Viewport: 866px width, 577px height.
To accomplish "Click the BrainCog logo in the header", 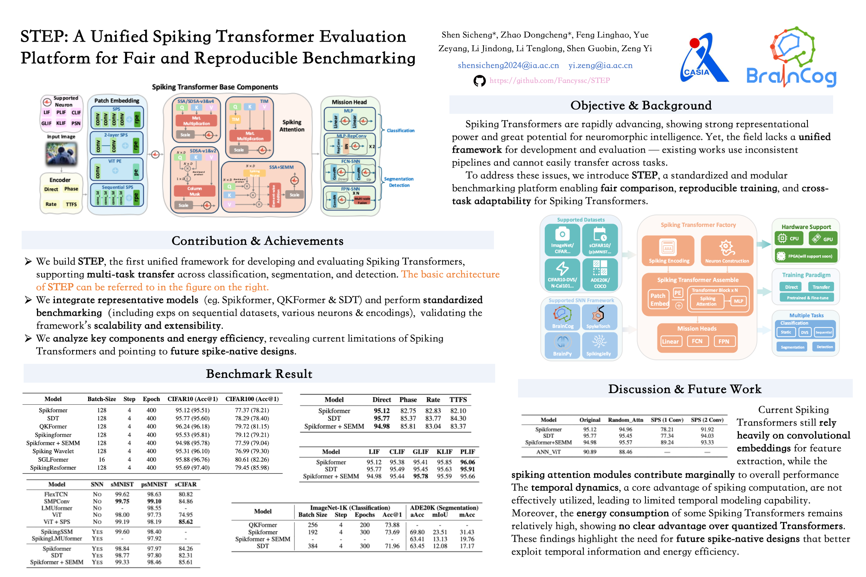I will pyautogui.click(x=791, y=58).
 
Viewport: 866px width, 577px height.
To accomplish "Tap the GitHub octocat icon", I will pyautogui.click(x=479, y=81).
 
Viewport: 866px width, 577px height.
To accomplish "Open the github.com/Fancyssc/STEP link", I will pyautogui.click(x=549, y=81).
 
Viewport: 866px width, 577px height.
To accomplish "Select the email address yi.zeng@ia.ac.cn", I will pyautogui.click(x=600, y=65).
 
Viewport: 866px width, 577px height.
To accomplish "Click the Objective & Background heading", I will pyautogui.click(x=641, y=105).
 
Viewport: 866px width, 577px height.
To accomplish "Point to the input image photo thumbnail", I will pyautogui.click(x=61, y=154).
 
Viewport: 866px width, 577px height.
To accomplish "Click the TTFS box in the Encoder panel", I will pyautogui.click(x=71, y=204).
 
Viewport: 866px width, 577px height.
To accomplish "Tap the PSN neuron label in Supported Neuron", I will pyautogui.click(x=76, y=123).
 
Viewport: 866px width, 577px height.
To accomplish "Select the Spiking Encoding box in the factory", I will pyautogui.click(x=668, y=251).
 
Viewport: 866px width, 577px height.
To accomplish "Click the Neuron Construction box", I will pyautogui.click(x=726, y=251).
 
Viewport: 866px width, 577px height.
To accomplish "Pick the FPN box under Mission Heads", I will pyautogui.click(x=724, y=341).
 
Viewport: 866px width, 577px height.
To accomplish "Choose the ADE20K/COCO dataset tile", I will pyautogui.click(x=600, y=274).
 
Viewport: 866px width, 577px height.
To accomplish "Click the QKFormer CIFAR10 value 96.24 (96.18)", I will pyautogui.click(x=192, y=426).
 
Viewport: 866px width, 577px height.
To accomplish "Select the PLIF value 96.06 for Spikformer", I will pyautogui.click(x=467, y=462).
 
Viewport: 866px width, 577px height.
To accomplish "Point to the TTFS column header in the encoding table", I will pyautogui.click(x=458, y=399).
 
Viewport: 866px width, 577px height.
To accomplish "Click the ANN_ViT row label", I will pyautogui.click(x=548, y=452).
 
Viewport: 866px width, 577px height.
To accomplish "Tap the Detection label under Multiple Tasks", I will pyautogui.click(x=824, y=347).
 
